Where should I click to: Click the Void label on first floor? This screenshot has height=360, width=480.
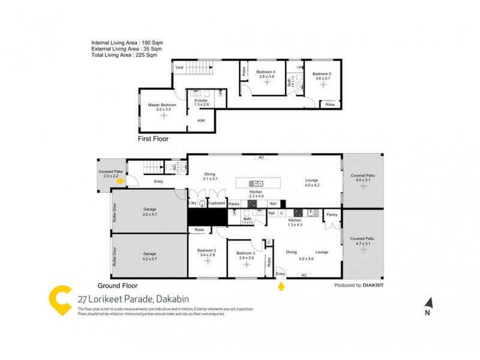pos(179,68)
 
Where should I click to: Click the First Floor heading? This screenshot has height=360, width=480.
pos(153,139)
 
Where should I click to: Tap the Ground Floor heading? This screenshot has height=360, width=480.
pos(118,286)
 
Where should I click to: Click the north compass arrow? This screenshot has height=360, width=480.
pos(428,304)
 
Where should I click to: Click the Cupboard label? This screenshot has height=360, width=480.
pos(216,203)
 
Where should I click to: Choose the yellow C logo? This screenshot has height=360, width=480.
pos(60,300)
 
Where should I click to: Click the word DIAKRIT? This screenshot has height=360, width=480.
pos(373,286)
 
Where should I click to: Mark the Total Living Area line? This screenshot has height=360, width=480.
pos(124,55)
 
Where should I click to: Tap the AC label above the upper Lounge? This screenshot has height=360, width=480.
pos(261,158)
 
